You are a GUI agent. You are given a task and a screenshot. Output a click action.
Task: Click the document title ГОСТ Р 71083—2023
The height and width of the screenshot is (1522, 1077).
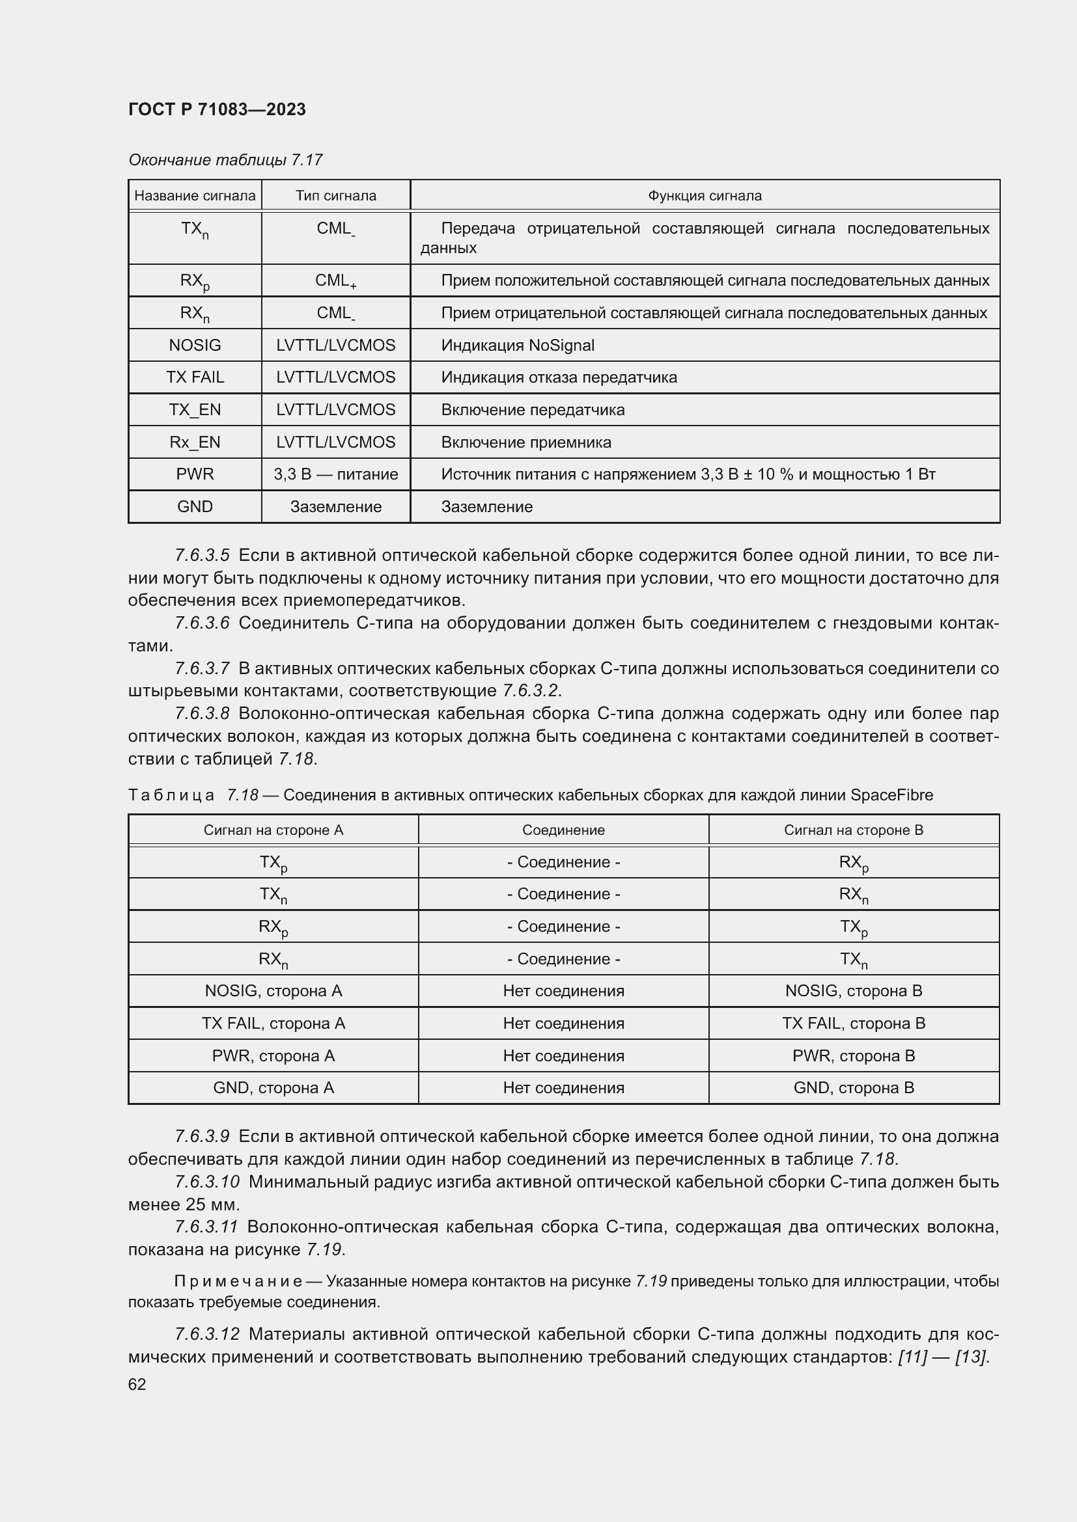coord(217,109)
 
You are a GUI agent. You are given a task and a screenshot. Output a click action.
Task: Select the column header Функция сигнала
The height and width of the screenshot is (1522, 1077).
coord(705,196)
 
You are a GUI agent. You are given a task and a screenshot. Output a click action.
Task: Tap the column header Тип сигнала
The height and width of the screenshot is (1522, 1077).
coord(335,196)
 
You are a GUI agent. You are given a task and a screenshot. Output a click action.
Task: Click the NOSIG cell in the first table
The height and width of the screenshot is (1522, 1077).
coord(195,346)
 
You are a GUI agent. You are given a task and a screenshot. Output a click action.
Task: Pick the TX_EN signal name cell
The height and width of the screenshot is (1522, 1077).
coord(195,410)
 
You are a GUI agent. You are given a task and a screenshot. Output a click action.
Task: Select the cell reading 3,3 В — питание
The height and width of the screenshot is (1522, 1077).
coord(335,474)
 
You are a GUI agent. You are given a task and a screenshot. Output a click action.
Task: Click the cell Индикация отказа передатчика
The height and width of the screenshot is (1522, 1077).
coord(559,377)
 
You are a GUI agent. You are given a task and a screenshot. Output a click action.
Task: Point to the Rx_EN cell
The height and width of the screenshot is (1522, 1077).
coord(195,442)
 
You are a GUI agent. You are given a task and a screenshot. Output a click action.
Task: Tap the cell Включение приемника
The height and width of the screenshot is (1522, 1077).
coord(526,442)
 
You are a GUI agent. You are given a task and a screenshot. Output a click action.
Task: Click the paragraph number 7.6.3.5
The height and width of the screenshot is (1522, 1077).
coord(203,556)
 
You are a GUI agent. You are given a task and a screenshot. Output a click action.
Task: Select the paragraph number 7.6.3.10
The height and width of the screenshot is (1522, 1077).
coord(207,1181)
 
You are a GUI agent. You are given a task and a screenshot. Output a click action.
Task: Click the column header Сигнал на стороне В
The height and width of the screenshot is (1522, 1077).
coord(854,830)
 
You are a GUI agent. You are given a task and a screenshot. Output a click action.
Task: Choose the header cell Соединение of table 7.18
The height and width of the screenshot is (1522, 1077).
coord(563,830)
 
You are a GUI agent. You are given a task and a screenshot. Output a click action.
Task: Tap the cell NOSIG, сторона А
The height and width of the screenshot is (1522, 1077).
coord(273,990)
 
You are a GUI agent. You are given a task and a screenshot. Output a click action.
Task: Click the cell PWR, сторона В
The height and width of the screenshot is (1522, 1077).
coord(854,1055)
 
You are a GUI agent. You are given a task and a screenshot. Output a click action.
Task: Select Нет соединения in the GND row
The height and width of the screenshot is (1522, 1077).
coord(563,1087)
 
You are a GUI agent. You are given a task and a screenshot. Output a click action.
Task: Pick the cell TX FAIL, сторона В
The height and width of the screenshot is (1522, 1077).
coord(854,1023)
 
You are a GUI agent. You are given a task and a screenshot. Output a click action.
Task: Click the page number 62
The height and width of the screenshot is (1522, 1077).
coord(137,1384)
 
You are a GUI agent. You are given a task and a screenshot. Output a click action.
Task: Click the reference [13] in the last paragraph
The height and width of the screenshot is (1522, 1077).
coord(970,1356)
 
